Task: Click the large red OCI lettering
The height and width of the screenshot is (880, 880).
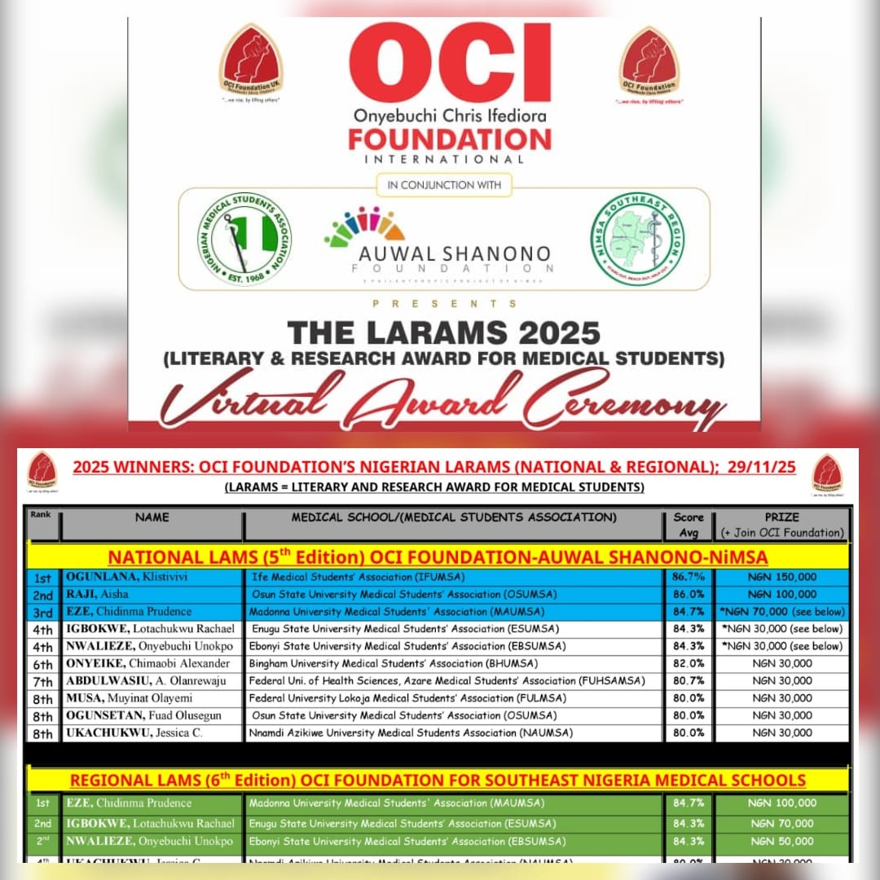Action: click(450, 64)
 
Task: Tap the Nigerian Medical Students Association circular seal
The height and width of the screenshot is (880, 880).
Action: click(244, 239)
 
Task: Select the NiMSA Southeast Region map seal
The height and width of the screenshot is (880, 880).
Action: click(637, 239)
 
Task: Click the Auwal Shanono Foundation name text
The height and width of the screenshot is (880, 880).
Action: click(454, 254)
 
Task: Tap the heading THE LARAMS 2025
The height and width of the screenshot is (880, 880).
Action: click(443, 332)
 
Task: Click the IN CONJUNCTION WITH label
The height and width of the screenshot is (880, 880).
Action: click(444, 185)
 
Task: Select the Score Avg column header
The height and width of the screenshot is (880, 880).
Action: click(689, 524)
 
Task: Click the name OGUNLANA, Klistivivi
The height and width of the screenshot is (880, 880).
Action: click(122, 577)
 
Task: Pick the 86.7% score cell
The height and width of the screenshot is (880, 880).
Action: click(689, 577)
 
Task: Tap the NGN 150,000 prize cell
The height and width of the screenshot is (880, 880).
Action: click(782, 577)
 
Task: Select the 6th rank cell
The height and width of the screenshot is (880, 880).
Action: click(42, 664)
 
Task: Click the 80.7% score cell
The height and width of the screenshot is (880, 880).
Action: click(689, 680)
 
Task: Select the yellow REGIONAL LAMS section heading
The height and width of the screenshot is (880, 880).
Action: click(438, 780)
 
